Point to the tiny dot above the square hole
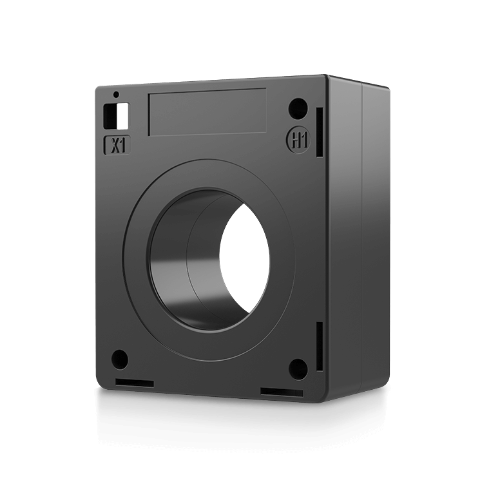(116, 95)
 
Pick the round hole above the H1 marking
(297, 108)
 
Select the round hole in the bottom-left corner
(120, 358)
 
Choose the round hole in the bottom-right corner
(297, 367)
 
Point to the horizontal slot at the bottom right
(282, 392)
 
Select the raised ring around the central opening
(139, 258)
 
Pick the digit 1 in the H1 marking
(300, 140)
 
